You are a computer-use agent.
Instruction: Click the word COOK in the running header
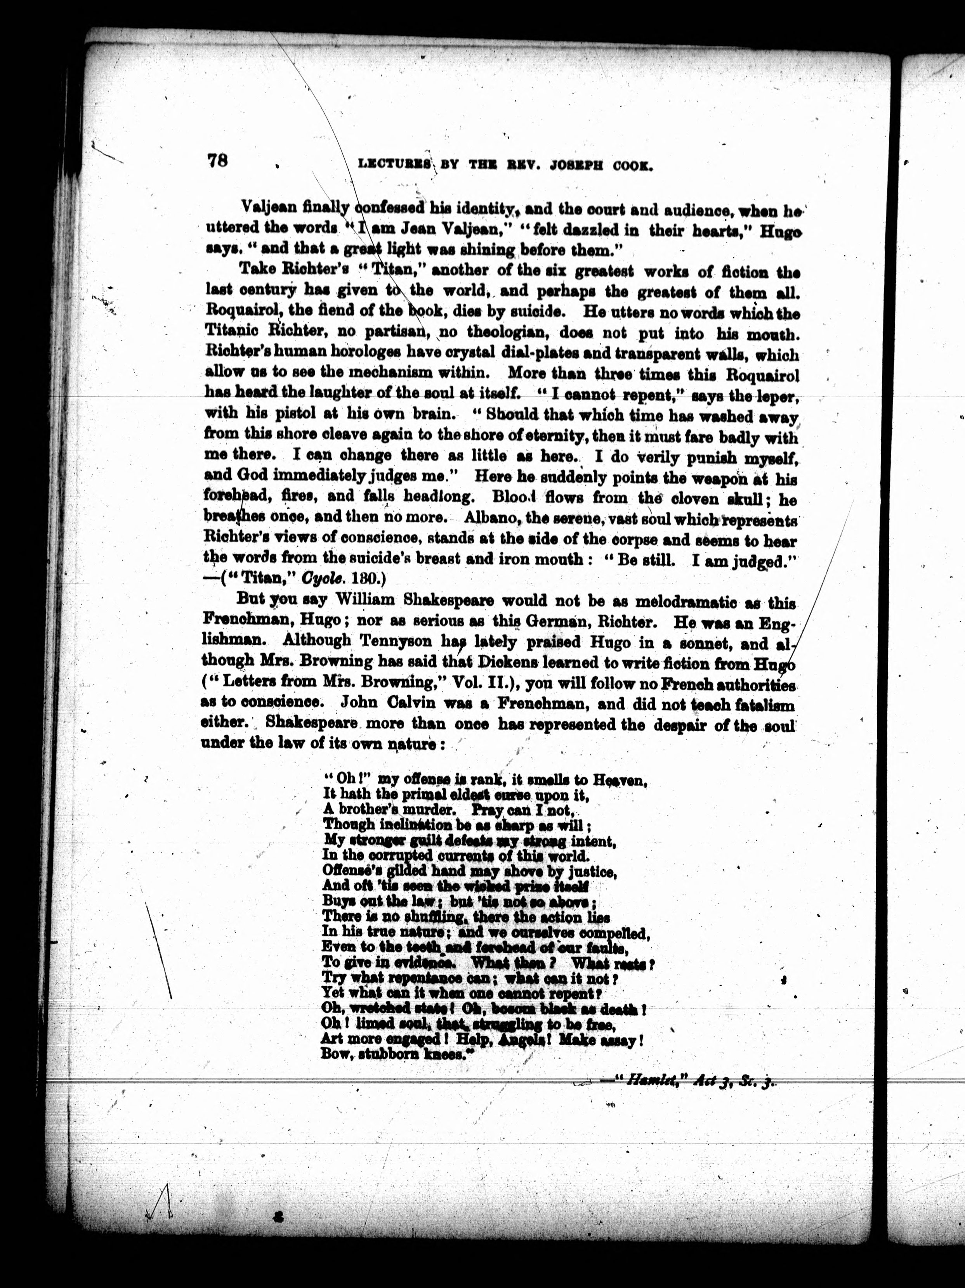click(630, 166)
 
